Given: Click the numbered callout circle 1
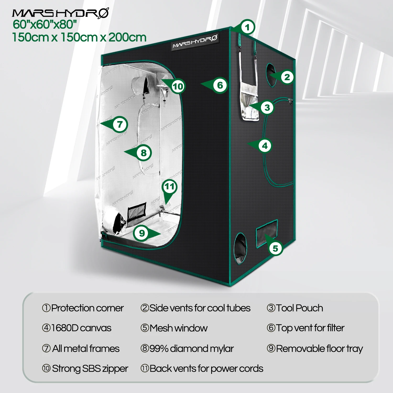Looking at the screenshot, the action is click(x=247, y=27).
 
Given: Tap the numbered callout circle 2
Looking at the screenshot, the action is click(x=287, y=77).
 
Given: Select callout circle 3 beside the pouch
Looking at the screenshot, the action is click(x=267, y=107).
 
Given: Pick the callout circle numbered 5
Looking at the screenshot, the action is click(x=275, y=248).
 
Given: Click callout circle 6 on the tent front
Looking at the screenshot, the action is click(x=220, y=85).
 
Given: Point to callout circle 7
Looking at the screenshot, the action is click(x=120, y=124).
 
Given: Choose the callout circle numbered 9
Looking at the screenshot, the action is click(x=142, y=233).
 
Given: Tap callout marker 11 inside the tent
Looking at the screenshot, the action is click(x=170, y=187).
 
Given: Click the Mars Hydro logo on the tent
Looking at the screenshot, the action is click(x=195, y=42).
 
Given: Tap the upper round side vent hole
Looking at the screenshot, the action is click(x=271, y=75).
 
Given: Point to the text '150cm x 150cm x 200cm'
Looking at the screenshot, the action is click(x=79, y=37).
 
